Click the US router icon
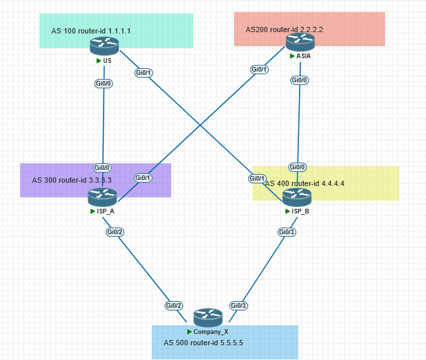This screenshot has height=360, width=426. tap(104, 46)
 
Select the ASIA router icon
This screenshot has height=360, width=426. tap(300, 42)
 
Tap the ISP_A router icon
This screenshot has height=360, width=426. tap(102, 197)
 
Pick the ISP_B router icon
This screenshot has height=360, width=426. tap(296, 197)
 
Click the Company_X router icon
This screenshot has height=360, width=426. tap(208, 317)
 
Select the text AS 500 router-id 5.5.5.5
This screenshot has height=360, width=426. tap(203, 342)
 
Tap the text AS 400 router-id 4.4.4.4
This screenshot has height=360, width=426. tap(305, 183)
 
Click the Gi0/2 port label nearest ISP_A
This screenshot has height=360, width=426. tap(115, 232)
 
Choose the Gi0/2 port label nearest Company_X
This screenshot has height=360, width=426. tap(174, 306)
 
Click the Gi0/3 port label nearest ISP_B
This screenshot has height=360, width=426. tap(286, 232)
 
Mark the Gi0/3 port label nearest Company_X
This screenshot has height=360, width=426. tap(239, 306)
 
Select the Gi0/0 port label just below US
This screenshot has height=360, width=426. tap(104, 84)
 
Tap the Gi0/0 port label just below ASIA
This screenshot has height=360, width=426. tap(299, 80)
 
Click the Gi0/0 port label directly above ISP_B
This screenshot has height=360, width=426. tap(298, 167)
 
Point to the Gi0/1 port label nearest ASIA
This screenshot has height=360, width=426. tap(259, 70)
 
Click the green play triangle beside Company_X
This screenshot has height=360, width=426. tap(189, 331)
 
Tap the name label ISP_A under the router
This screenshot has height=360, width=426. tap(105, 211)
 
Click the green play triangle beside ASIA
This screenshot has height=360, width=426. tap(292, 56)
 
